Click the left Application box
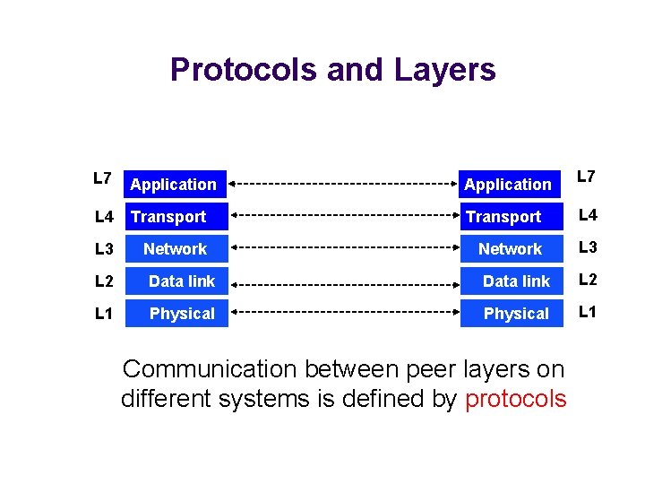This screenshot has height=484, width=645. tap(175, 185)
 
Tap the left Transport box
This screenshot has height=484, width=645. tap(175, 217)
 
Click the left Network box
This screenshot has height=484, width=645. tap(175, 249)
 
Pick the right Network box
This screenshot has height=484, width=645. tap(511, 249)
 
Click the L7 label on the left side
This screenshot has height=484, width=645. tap(102, 178)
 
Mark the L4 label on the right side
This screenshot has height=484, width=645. tap(588, 215)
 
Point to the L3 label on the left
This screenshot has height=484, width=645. tap(104, 248)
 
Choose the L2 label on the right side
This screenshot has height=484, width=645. tap(588, 280)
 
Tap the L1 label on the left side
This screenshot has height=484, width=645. tap(104, 313)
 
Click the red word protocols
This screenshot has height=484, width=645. tap(515, 399)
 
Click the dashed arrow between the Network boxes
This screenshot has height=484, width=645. tap(345, 249)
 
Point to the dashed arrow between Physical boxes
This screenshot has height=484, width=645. tap(345, 314)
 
